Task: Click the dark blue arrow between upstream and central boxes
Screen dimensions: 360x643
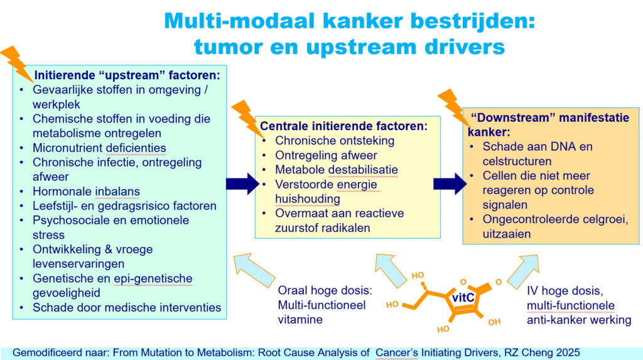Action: tap(242, 183)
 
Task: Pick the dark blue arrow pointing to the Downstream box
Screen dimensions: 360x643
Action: tap(450, 183)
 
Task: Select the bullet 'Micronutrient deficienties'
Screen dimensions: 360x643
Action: tap(99, 148)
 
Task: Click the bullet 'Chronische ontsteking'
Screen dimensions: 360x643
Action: tap(335, 140)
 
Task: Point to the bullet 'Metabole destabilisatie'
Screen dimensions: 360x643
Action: tap(337, 170)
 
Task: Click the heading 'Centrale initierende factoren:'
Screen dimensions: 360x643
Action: tap(344, 126)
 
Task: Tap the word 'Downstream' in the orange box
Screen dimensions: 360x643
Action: tap(510, 117)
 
